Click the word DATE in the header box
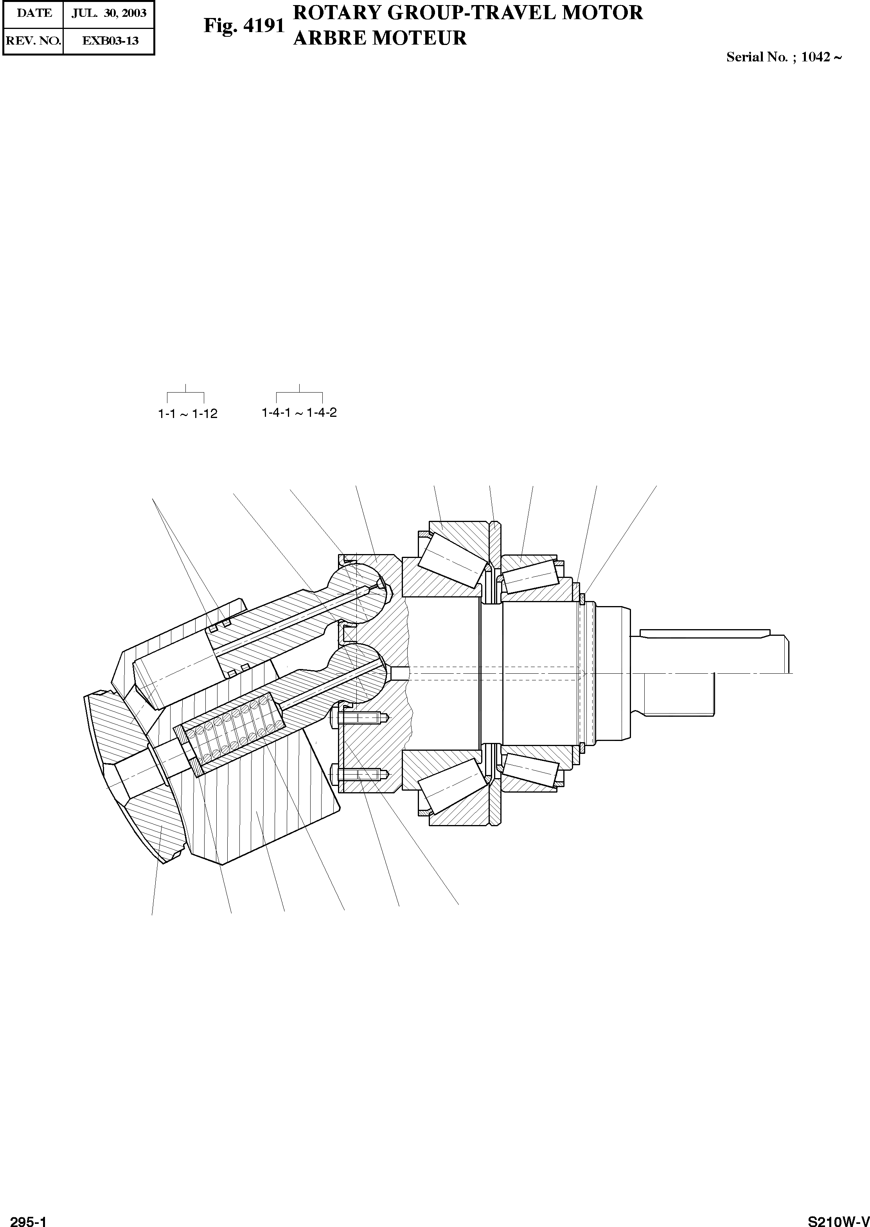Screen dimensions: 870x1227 [x=34, y=13]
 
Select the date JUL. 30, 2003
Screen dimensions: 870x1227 [x=109, y=13]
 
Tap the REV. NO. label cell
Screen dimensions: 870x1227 [x=33, y=40]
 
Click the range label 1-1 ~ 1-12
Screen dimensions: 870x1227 [x=187, y=414]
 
